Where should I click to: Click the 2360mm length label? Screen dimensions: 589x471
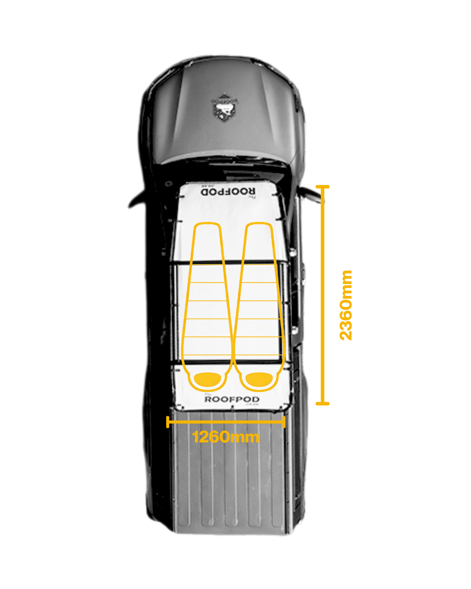click(x=346, y=305)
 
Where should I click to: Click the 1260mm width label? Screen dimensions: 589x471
click(x=225, y=437)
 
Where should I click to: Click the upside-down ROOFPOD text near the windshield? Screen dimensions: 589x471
click(x=228, y=192)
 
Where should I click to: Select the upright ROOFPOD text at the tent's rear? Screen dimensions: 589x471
click(x=232, y=399)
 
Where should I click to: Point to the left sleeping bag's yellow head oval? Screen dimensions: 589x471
click(x=208, y=379)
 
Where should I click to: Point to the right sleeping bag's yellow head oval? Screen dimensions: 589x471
click(x=259, y=379)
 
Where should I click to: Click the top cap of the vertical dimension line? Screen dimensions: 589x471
click(x=322, y=187)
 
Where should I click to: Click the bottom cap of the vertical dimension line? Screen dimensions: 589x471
click(x=322, y=404)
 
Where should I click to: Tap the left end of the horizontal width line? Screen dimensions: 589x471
click(x=168, y=422)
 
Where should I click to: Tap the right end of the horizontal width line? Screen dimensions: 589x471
click(x=284, y=422)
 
